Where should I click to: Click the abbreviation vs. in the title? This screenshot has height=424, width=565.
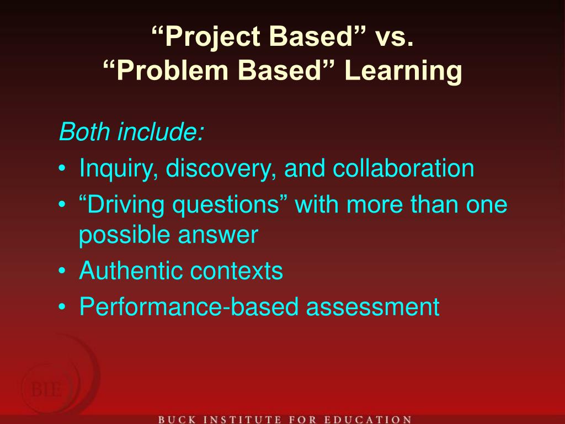click(x=393, y=37)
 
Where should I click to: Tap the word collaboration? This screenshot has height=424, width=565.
click(x=402, y=168)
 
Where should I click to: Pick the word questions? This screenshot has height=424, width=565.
click(x=231, y=205)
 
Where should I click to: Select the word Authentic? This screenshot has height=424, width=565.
click(x=131, y=271)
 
